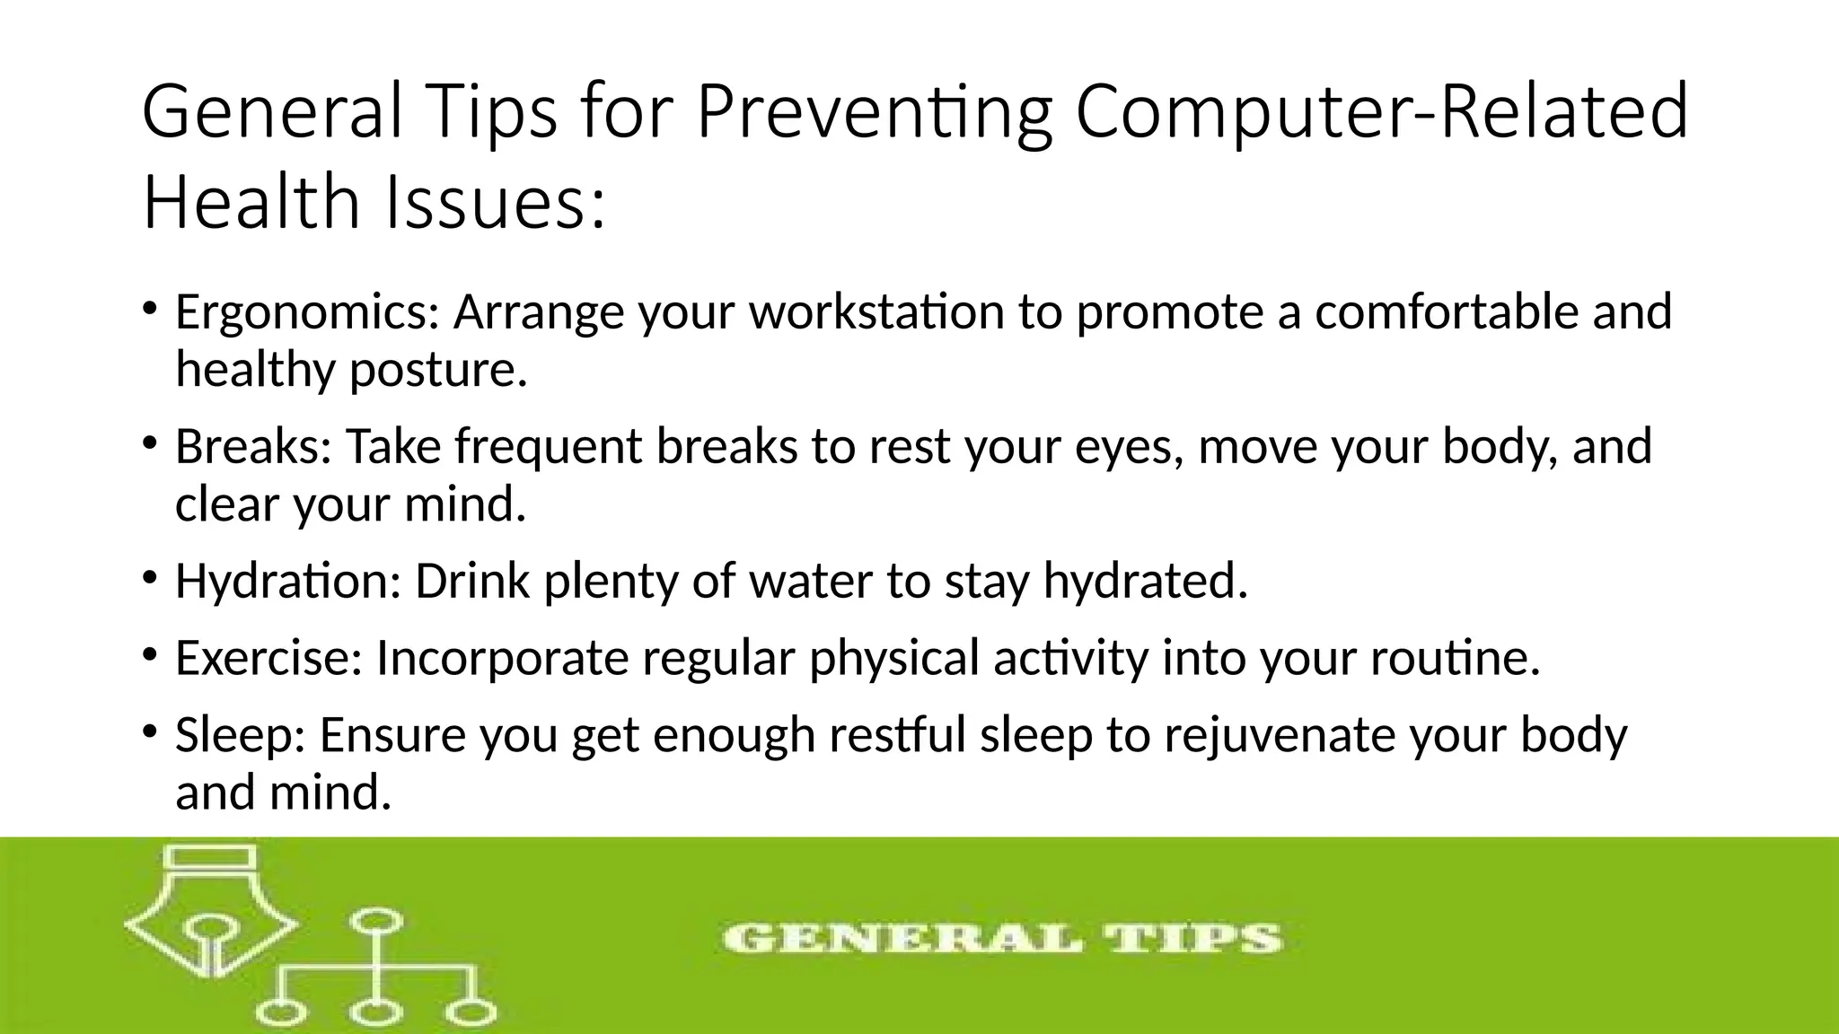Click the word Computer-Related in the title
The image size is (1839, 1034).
click(1382, 112)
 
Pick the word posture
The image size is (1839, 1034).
click(436, 370)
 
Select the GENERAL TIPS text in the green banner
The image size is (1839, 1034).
click(1002, 940)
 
